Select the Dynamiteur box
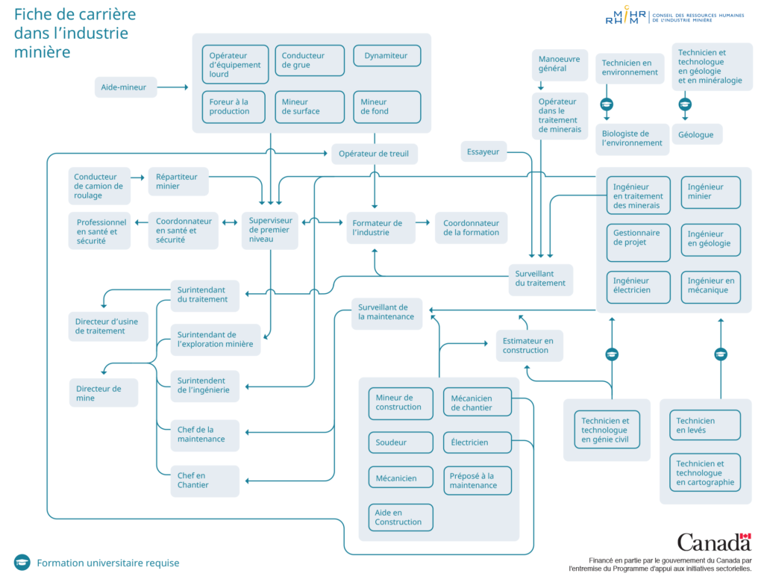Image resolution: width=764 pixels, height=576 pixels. [x=387, y=55]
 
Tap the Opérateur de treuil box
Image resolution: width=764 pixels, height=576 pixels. [x=375, y=154]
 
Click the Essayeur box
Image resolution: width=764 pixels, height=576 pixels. [x=483, y=151]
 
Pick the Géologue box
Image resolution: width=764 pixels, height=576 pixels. [x=697, y=134]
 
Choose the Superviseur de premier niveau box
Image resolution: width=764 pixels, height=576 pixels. [x=270, y=230]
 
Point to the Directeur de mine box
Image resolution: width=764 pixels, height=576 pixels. [x=103, y=392]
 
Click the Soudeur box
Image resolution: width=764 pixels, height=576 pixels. [x=401, y=442]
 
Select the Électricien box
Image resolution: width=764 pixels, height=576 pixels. [x=477, y=442]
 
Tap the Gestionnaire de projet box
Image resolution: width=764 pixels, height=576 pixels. [x=639, y=242]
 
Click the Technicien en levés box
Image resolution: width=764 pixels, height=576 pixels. [x=705, y=425]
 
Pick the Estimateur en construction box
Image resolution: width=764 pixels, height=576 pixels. [x=530, y=345]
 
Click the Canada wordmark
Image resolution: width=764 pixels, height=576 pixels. [x=714, y=542]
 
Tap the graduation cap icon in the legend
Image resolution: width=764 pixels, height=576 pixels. [x=22, y=563]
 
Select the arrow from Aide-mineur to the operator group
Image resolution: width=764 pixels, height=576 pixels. [x=172, y=87]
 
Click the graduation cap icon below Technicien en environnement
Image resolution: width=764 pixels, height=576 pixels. [x=607, y=104]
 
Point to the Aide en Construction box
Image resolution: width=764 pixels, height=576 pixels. [x=401, y=517]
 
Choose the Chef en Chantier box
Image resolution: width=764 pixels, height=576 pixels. [x=204, y=480]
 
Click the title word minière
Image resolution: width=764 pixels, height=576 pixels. [x=42, y=51]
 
